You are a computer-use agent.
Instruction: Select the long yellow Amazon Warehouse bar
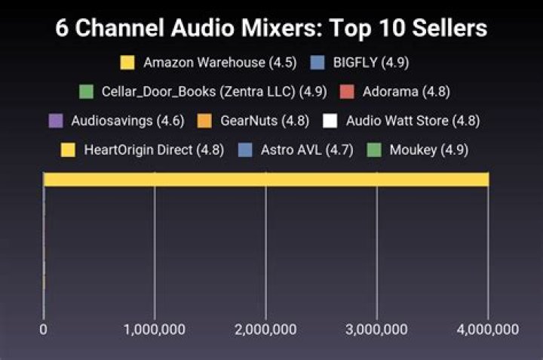(x=266, y=179)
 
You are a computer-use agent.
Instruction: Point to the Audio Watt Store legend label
(x=413, y=121)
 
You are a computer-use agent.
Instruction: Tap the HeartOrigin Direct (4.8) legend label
(x=154, y=149)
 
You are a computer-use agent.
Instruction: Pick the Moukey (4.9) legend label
(x=428, y=149)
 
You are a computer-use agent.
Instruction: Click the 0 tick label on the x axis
(x=44, y=330)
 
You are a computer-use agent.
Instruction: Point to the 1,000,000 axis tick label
(x=155, y=330)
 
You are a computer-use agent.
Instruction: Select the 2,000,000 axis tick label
(x=265, y=330)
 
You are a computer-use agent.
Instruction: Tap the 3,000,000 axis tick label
(x=376, y=330)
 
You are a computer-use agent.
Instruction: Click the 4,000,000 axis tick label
(x=487, y=330)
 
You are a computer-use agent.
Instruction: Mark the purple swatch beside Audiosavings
(x=54, y=121)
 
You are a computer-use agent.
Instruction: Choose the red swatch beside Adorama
(x=347, y=91)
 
